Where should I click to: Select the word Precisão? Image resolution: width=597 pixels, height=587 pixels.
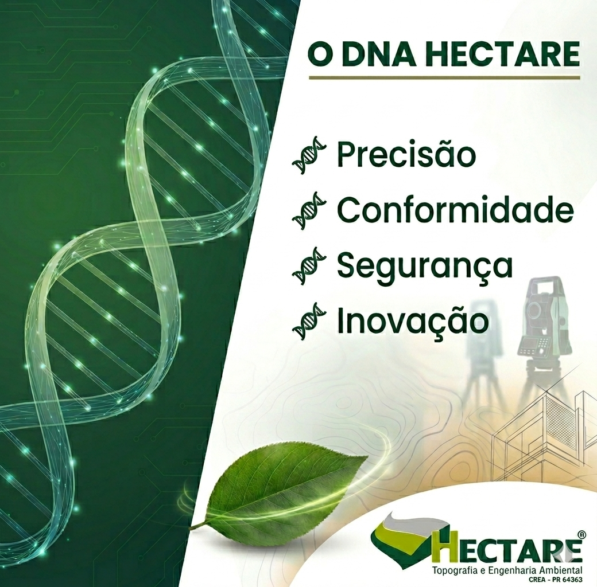pyautogui.click(x=406, y=154)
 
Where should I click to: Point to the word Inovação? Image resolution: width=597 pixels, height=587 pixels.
pyautogui.click(x=413, y=321)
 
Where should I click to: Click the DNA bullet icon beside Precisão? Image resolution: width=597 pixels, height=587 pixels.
pyautogui.click(x=309, y=155)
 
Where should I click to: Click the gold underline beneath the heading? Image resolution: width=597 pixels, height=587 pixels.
pyautogui.click(x=444, y=77)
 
